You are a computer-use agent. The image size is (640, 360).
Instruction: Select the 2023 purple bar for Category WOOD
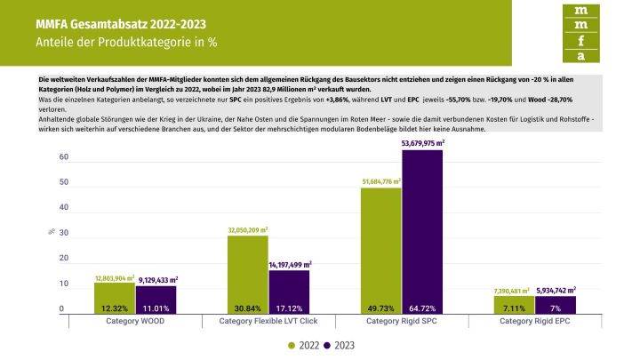156,300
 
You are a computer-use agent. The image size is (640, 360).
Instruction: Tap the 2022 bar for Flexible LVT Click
248,275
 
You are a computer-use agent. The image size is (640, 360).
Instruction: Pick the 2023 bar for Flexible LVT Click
290,292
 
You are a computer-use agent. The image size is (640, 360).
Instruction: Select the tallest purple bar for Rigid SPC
422,232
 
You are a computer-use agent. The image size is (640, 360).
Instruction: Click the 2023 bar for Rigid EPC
556,305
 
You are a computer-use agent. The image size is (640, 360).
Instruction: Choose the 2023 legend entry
340,345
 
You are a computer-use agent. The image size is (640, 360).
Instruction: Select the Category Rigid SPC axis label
401,320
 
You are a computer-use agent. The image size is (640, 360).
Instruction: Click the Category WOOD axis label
135,320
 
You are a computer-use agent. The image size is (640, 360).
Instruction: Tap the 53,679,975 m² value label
423,143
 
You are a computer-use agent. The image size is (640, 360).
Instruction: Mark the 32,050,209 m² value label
248,229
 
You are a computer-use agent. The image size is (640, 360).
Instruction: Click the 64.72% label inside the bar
422,308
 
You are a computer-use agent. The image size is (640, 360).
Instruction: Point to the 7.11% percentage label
514,308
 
